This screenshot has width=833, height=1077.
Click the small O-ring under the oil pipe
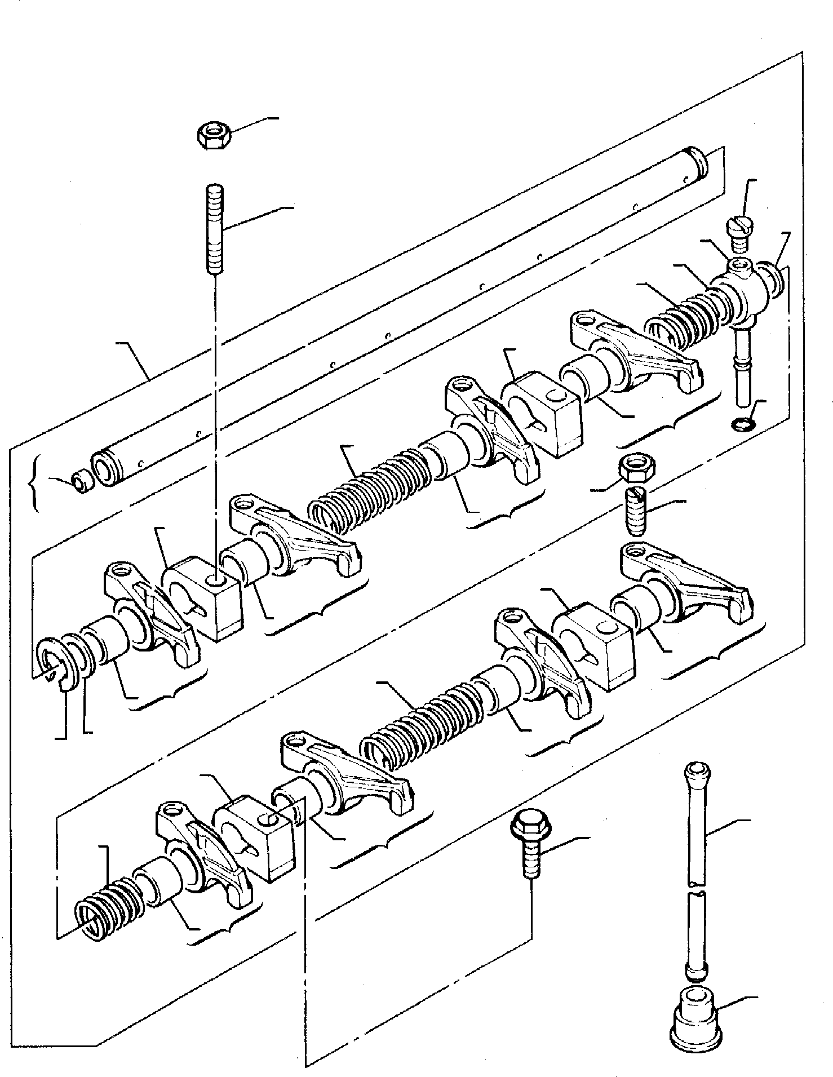(740, 423)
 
